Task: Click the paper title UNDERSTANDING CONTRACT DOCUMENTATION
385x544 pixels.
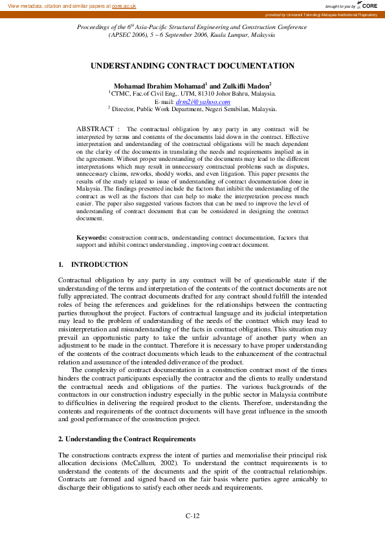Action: tap(192, 66)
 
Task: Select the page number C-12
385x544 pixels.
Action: tap(192, 516)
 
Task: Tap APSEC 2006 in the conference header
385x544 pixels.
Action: tap(127, 35)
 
